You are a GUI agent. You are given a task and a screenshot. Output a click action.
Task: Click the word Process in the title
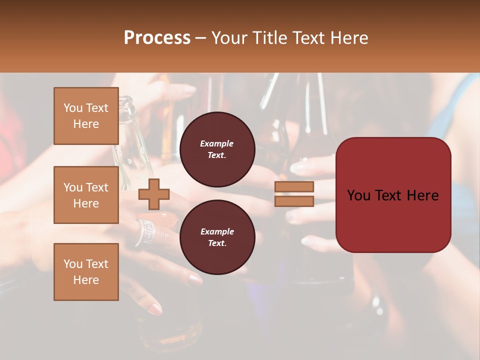[x=157, y=38]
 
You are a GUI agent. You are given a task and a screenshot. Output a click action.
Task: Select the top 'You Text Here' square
[x=86, y=116]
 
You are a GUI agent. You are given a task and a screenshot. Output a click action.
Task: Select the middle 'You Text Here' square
[x=86, y=195]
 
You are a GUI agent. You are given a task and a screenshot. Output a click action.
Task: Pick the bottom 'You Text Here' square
[x=86, y=272]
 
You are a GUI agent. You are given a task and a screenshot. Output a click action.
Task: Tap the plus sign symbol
[x=154, y=194]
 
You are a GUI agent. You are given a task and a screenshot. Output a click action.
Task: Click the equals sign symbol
[x=294, y=194]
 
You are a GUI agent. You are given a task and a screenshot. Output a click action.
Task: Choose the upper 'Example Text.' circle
[x=217, y=149]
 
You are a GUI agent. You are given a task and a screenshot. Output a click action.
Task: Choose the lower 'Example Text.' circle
[x=217, y=237]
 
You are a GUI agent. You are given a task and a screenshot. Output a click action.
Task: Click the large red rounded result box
[x=393, y=195]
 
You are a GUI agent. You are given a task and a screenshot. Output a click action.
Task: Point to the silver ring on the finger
[x=145, y=232]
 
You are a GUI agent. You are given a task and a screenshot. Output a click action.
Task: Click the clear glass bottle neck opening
[x=127, y=102]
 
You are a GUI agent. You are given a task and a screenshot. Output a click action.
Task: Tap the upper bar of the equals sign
[x=294, y=187]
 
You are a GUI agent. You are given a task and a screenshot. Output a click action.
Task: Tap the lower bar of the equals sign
[x=294, y=201]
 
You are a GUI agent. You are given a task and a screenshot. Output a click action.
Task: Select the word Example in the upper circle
[x=217, y=143]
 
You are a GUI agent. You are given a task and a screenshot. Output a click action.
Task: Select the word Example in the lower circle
[x=217, y=231]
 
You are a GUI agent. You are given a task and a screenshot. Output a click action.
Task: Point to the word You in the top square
[x=73, y=108]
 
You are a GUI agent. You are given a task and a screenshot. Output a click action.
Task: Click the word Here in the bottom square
[x=86, y=280]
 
